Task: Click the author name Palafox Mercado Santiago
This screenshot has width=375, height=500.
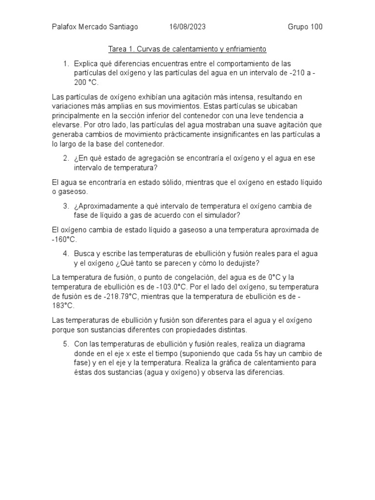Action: click(95, 27)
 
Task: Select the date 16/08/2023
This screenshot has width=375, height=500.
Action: click(187, 27)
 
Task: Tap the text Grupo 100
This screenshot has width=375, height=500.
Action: click(305, 27)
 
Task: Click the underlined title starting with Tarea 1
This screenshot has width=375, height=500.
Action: click(187, 50)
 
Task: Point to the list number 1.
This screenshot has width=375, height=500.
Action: click(65, 64)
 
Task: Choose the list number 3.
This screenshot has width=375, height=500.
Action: click(65, 206)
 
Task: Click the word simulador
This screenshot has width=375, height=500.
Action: click(222, 215)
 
